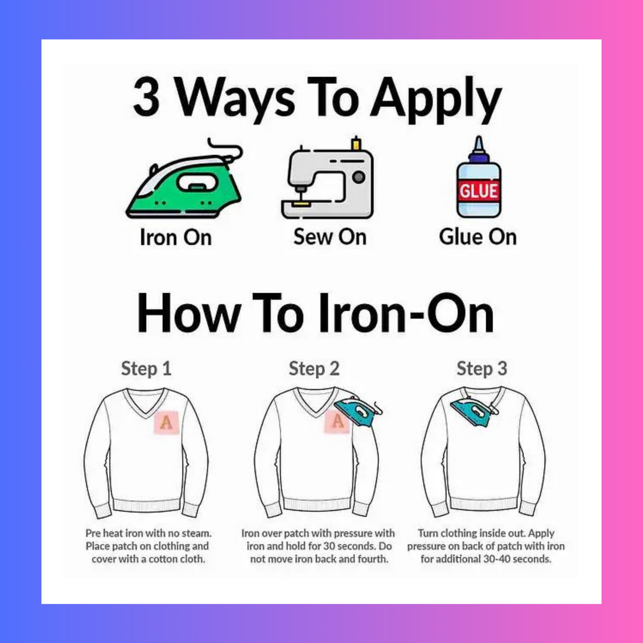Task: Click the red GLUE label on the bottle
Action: point(478,191)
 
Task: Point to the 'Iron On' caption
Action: point(176,237)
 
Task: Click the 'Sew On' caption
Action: point(330,237)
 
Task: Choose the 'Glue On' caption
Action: point(478,237)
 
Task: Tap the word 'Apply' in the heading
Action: point(436,99)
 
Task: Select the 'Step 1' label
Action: point(146,368)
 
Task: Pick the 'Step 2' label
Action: point(314,368)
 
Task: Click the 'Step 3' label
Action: point(481,368)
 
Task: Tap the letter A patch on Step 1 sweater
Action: point(166,422)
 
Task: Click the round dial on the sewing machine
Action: point(359,177)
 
